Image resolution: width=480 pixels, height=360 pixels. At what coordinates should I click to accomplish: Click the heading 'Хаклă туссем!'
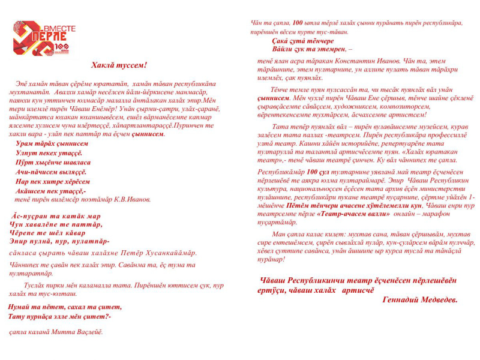pos(119,65)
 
